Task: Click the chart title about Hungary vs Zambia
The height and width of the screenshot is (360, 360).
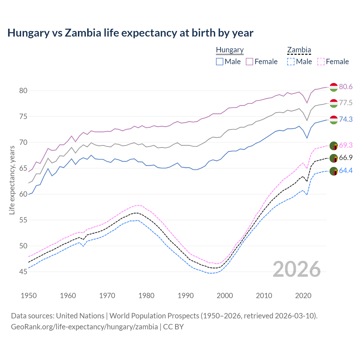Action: pyautogui.click(x=130, y=33)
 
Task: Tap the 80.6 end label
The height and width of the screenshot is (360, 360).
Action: pyautogui.click(x=346, y=87)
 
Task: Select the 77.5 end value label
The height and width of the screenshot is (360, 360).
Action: pyautogui.click(x=346, y=103)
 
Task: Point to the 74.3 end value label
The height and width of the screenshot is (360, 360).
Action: pyautogui.click(x=346, y=119)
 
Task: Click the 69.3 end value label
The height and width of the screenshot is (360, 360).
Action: pyautogui.click(x=346, y=145)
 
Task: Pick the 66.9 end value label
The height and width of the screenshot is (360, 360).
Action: pyautogui.click(x=346, y=157)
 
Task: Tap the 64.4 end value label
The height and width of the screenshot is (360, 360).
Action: pyautogui.click(x=346, y=170)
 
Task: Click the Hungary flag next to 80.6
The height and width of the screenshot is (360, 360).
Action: pyautogui.click(x=334, y=87)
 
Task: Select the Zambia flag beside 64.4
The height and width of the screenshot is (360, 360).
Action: pyautogui.click(x=334, y=171)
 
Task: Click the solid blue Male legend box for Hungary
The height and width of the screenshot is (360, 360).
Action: pyautogui.click(x=220, y=62)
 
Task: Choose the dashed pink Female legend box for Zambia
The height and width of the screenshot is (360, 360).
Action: pyautogui.click(x=321, y=62)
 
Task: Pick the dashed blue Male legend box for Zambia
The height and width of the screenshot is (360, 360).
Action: pyautogui.click(x=291, y=62)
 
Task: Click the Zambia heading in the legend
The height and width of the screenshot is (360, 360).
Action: pyautogui.click(x=299, y=50)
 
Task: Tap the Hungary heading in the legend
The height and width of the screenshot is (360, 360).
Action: pyautogui.click(x=230, y=50)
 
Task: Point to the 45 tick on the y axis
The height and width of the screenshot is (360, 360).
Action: pyautogui.click(x=23, y=272)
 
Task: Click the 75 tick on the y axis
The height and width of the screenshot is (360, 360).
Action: pyautogui.click(x=23, y=116)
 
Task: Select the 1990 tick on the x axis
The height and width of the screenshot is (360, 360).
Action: pyautogui.click(x=186, y=296)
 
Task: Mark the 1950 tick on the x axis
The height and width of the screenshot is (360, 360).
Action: pyautogui.click(x=29, y=296)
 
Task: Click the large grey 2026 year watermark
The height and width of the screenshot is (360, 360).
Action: pyautogui.click(x=297, y=269)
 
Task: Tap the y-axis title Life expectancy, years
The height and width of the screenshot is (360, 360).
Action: pyautogui.click(x=12, y=180)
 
